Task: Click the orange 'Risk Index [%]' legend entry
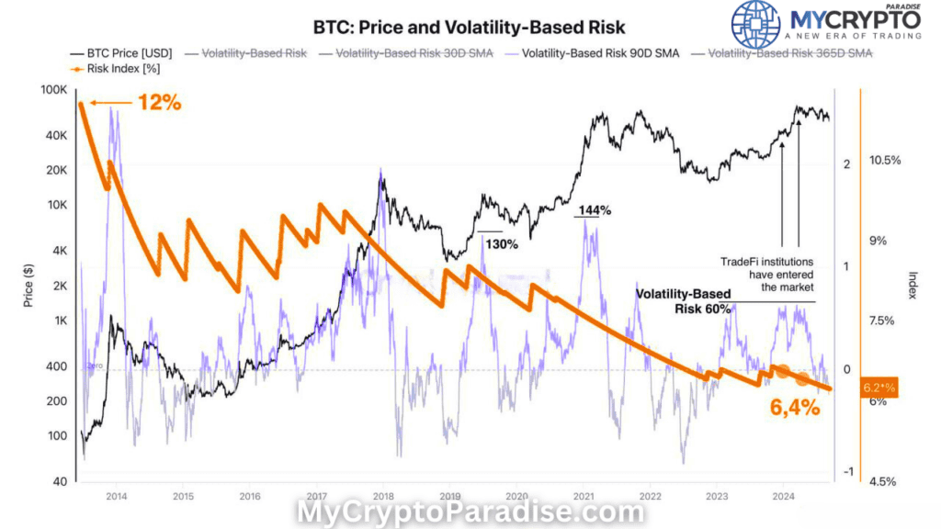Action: click(x=112, y=69)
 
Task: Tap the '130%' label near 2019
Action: click(x=502, y=244)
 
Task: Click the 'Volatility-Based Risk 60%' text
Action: click(x=685, y=301)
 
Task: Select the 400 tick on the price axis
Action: click(x=57, y=366)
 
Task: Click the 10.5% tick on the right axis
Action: click(x=885, y=161)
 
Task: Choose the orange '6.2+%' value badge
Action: click(x=879, y=388)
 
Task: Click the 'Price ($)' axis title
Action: click(x=28, y=285)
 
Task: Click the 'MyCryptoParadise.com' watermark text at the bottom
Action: click(x=470, y=511)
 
